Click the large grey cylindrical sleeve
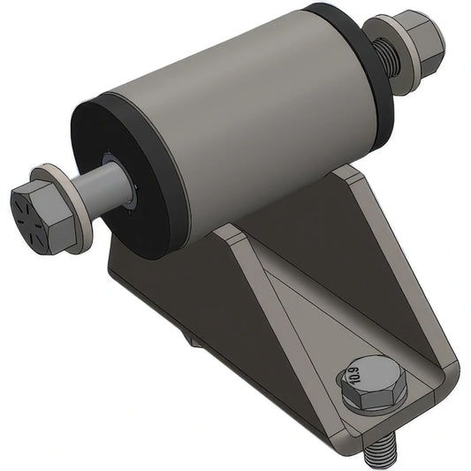[x=239, y=115]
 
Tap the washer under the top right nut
[x=399, y=63]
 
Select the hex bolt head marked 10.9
[x=369, y=383]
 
